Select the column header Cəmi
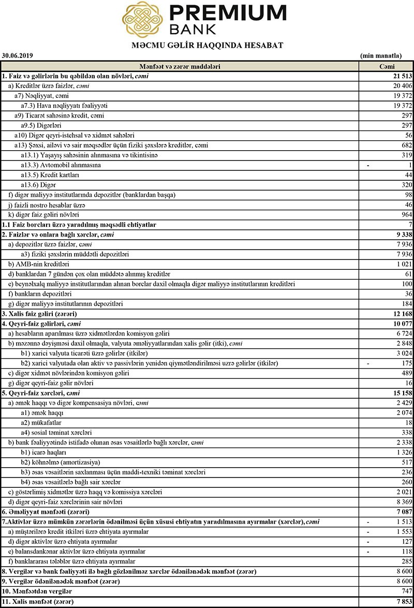click(387, 67)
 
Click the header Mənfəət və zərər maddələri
click(180, 67)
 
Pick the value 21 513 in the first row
click(402, 76)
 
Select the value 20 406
click(402, 86)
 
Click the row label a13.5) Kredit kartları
click(54, 175)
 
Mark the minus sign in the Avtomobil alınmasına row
click(368, 165)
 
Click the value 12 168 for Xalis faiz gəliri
click(402, 314)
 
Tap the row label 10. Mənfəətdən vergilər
click(38, 591)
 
